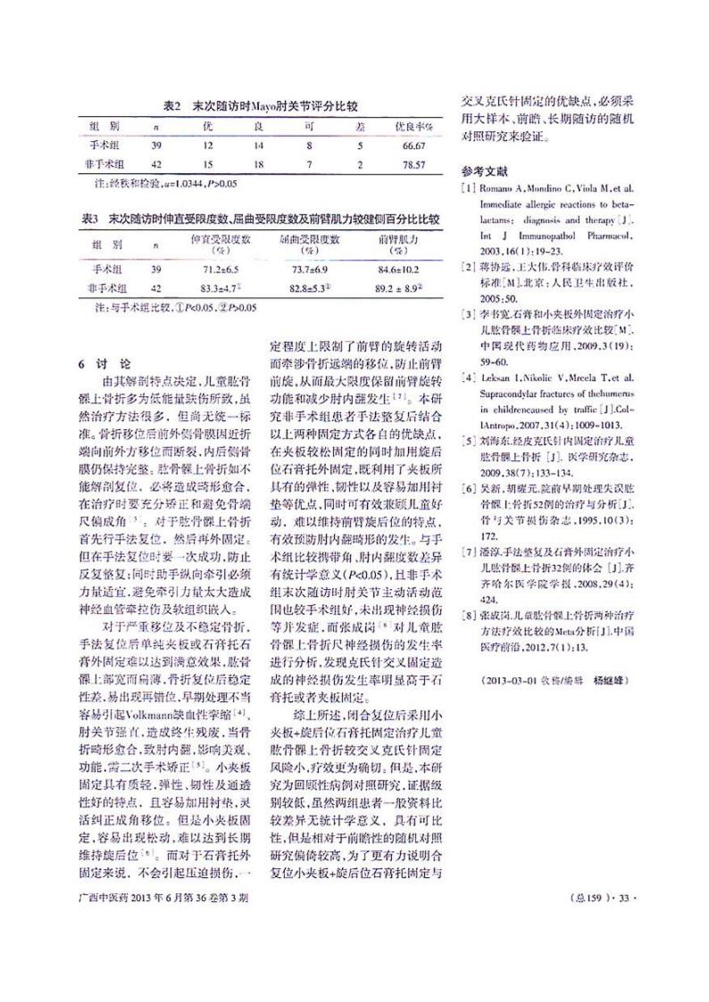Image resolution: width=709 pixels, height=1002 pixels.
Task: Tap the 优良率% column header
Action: click(x=413, y=125)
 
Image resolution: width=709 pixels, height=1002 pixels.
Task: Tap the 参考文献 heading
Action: click(x=483, y=170)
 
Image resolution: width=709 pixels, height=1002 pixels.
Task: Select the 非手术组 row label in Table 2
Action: click(x=105, y=165)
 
